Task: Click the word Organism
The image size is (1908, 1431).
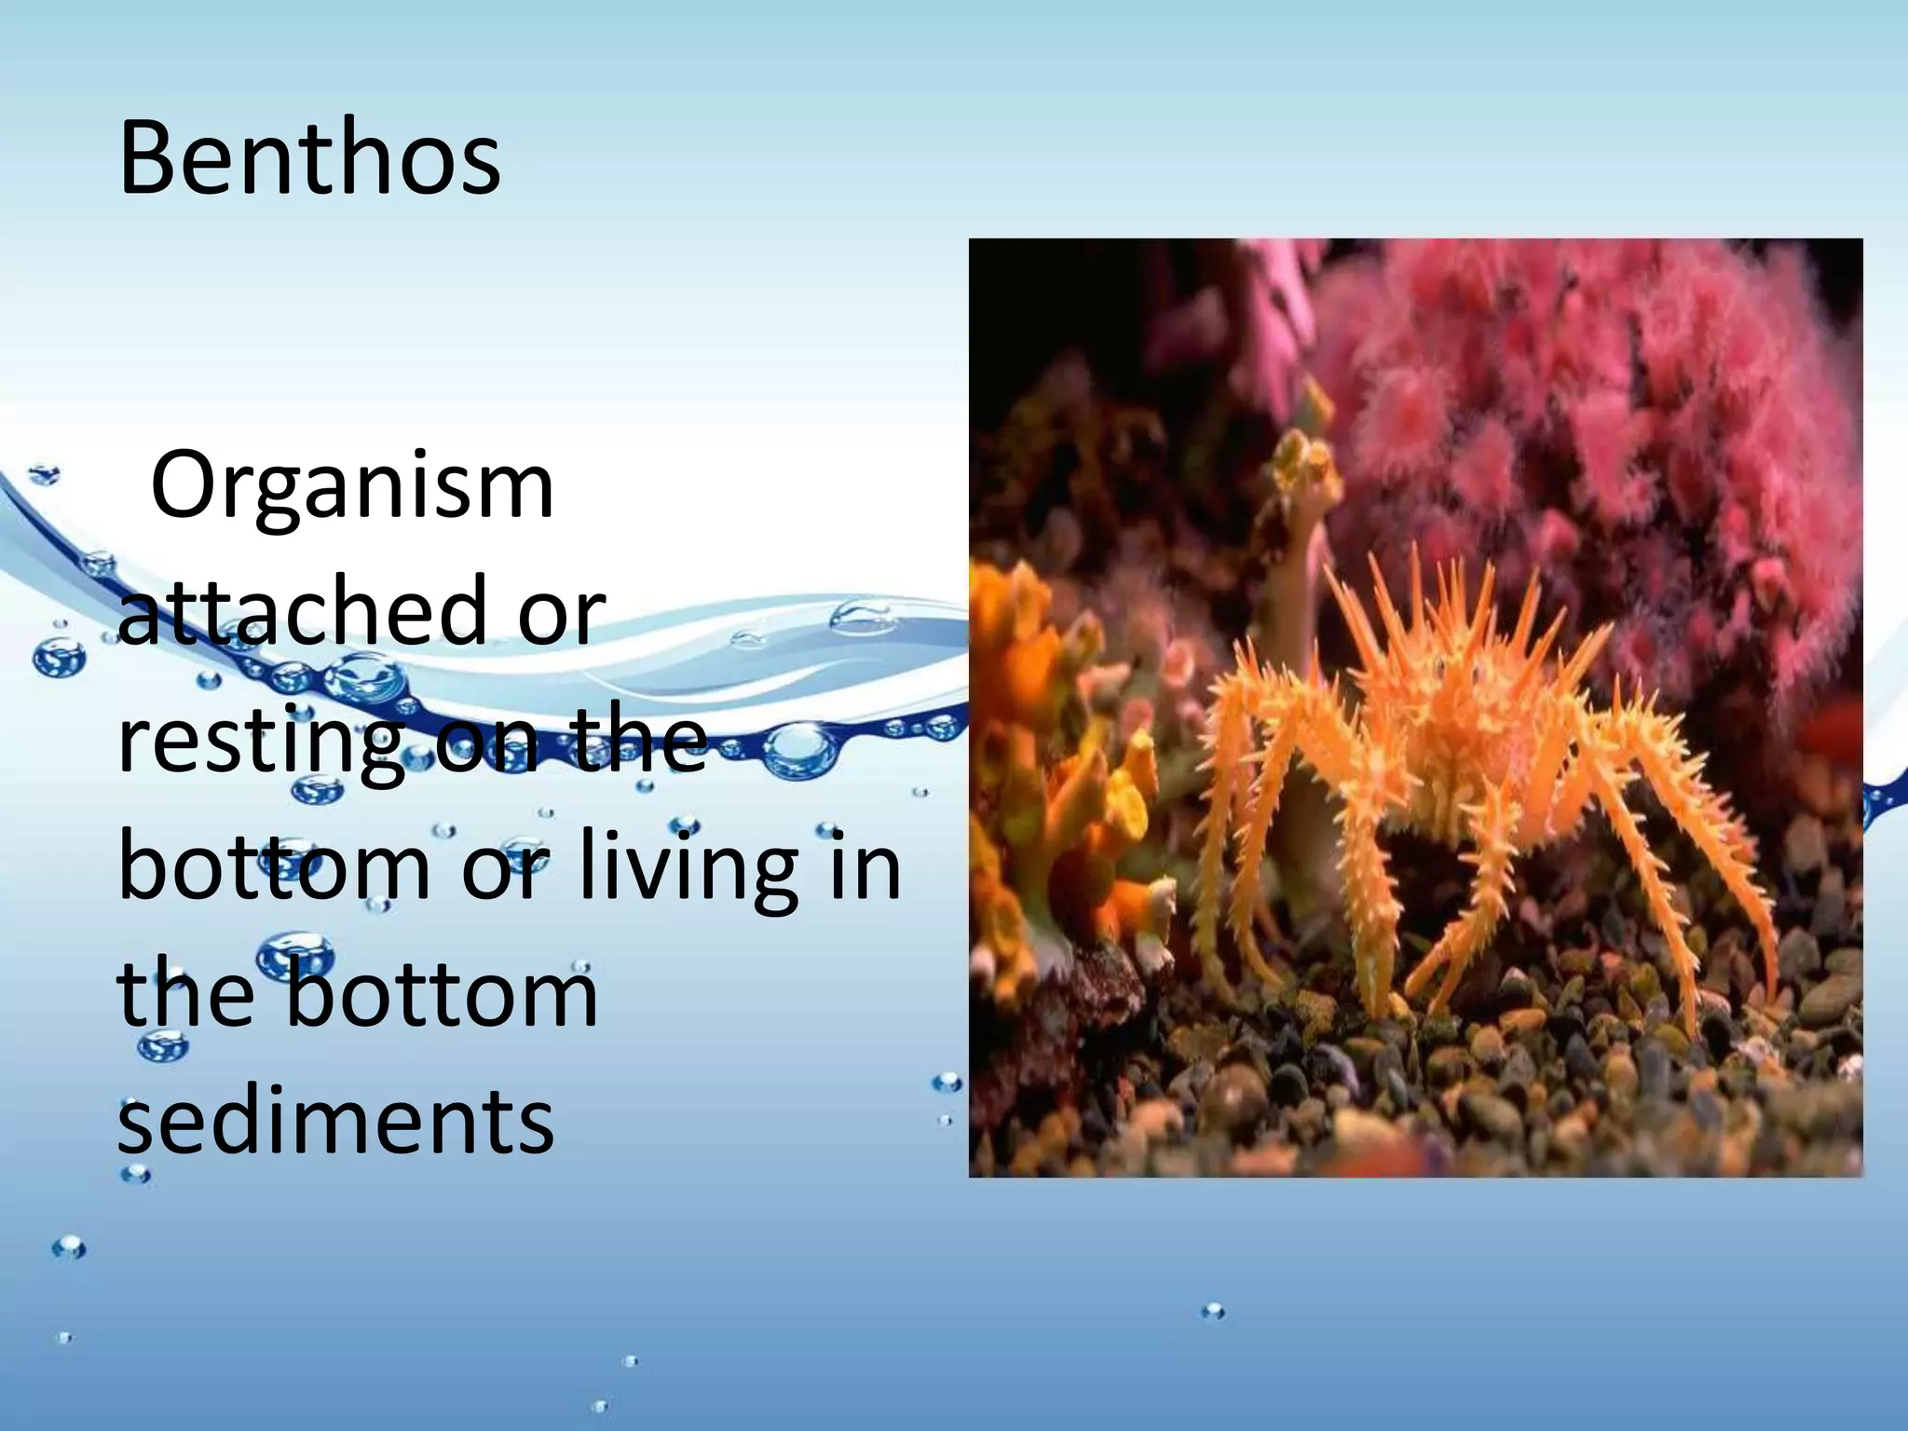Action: tap(352, 486)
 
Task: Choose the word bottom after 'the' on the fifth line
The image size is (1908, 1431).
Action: tap(442, 993)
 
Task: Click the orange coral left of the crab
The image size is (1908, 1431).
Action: tap(1071, 745)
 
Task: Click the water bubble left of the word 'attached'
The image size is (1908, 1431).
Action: tap(58, 658)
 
